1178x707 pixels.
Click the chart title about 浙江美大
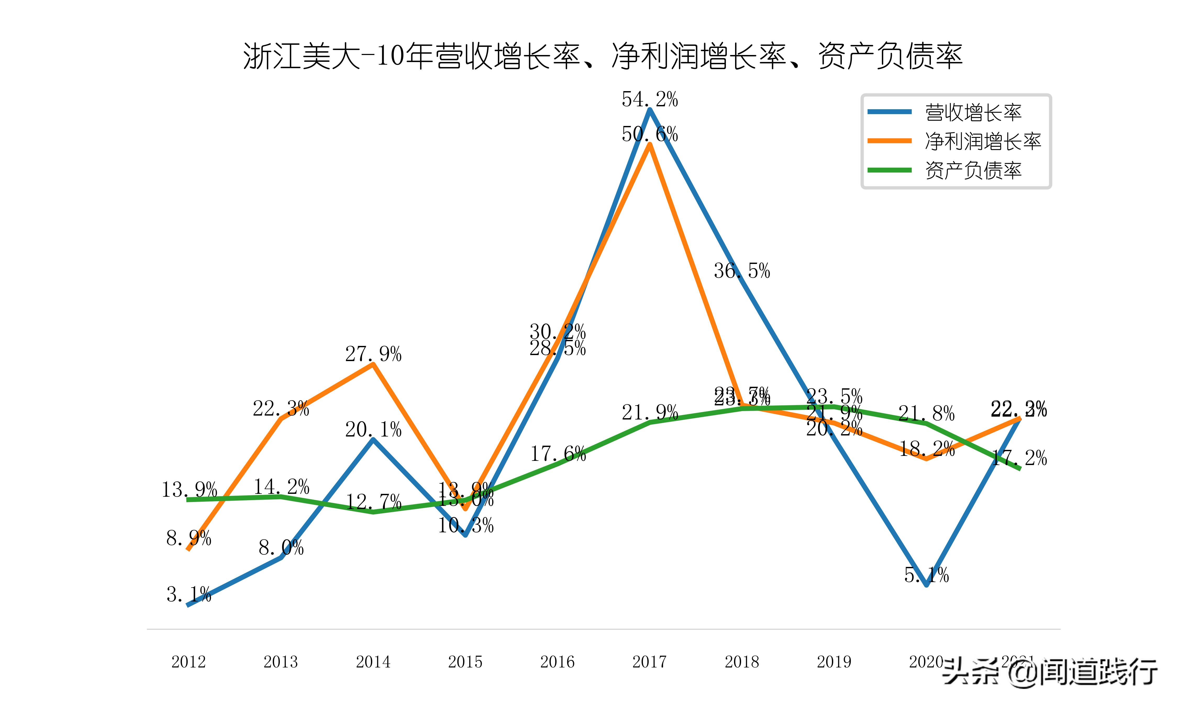603,56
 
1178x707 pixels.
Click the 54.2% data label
649,100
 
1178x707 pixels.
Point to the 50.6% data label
649,134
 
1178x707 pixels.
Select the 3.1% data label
188,595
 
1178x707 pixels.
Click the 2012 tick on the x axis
188,662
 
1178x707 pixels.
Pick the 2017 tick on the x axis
649,662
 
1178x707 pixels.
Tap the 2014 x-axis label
373,662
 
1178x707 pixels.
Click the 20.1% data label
373,430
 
